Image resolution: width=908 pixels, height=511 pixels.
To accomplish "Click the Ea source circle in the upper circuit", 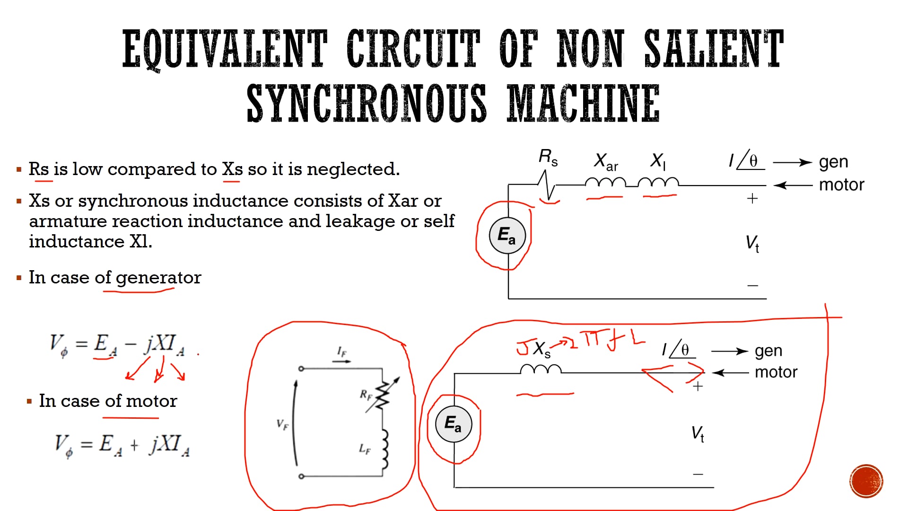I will point(506,235).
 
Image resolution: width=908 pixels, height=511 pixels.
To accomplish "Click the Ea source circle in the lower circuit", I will point(453,423).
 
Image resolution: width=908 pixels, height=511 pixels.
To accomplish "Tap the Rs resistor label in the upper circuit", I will point(548,157).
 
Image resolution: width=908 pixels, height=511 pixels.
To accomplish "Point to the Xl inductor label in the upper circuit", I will point(658,161).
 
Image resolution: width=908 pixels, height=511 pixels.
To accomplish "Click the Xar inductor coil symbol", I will point(605,183).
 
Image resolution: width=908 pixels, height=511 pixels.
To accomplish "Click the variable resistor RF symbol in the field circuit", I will point(382,395).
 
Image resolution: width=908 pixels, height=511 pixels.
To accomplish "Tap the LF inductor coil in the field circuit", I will point(385,449).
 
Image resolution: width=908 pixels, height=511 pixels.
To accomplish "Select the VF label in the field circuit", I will point(282,424).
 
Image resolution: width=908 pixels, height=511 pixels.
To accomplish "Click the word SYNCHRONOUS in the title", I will point(366,103).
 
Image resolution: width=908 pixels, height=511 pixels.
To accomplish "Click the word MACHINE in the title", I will point(583,103).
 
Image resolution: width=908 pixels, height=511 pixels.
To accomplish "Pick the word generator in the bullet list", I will point(158,278).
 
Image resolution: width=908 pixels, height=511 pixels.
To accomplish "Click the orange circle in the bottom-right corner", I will point(866,481).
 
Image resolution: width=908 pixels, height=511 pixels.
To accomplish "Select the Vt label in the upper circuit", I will point(752,243).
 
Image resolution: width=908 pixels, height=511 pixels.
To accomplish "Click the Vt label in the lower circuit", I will point(698,433).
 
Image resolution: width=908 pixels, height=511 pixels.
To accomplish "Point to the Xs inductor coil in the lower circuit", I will point(541,369).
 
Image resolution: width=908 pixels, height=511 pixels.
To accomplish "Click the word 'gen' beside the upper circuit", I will point(833,162).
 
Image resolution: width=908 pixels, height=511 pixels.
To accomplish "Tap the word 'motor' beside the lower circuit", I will point(776,372).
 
